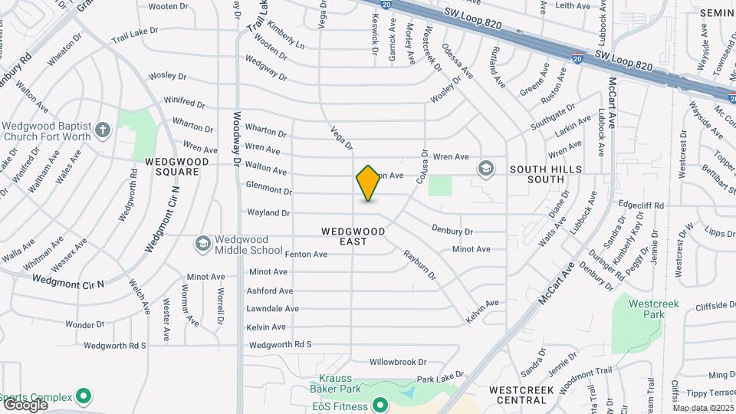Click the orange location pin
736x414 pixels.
tap(368, 183)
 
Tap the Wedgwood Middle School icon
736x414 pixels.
tap(202, 244)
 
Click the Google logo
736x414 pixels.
tap(25, 405)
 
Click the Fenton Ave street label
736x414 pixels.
tap(306, 254)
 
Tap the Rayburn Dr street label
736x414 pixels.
tap(419, 264)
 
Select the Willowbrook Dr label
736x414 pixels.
tap(397, 361)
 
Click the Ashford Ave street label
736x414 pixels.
tap(270, 291)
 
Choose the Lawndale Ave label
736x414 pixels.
tap(272, 308)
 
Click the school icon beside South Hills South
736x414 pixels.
tap(485, 168)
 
